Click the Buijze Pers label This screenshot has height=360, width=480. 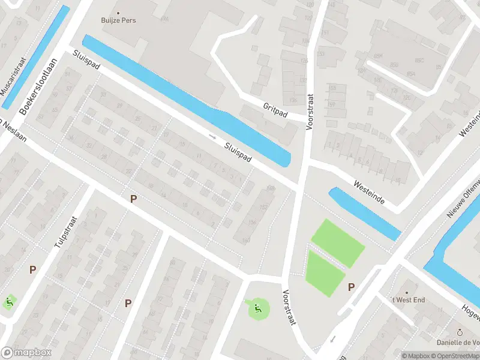point(118,20)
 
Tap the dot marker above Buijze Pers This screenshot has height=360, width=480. point(118,12)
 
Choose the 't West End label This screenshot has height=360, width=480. point(407,299)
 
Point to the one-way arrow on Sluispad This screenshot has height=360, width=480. point(212,136)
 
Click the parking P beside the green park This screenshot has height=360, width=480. point(352,287)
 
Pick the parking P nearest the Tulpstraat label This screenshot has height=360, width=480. point(32,270)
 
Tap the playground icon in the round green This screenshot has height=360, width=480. point(257,309)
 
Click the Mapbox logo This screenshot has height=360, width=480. point(26,353)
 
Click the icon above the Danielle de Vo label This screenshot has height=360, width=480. point(460,332)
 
